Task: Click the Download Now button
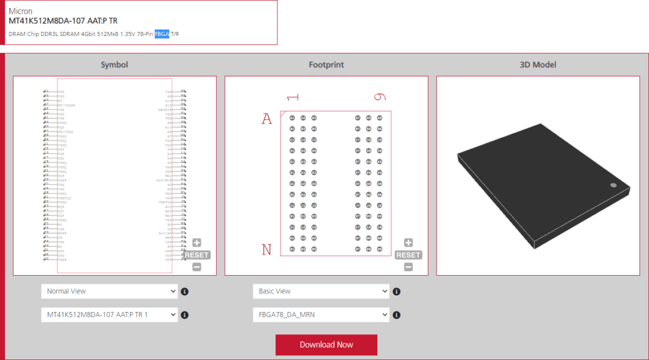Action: pyautogui.click(x=326, y=345)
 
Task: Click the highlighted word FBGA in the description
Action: pyautogui.click(x=162, y=34)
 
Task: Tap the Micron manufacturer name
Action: pyautogui.click(x=21, y=11)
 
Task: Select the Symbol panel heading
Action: pyautogui.click(x=114, y=64)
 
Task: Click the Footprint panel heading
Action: pyautogui.click(x=326, y=64)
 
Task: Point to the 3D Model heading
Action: pyautogui.click(x=538, y=64)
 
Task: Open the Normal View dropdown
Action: pyautogui.click(x=109, y=291)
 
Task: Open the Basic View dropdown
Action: pyautogui.click(x=321, y=291)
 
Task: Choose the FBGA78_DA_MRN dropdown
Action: pyautogui.click(x=321, y=314)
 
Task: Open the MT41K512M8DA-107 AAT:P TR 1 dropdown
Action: pyautogui.click(x=109, y=314)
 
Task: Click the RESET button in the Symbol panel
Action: pyautogui.click(x=196, y=255)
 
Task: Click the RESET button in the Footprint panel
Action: pyautogui.click(x=408, y=255)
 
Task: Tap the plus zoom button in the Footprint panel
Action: pyautogui.click(x=408, y=243)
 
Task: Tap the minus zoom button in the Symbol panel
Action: pyautogui.click(x=196, y=267)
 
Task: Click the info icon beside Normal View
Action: pyautogui.click(x=184, y=292)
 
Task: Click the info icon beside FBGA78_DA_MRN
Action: pyautogui.click(x=396, y=315)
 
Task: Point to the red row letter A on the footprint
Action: pyautogui.click(x=266, y=119)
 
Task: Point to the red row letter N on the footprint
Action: pyautogui.click(x=266, y=249)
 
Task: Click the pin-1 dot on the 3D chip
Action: pyautogui.click(x=613, y=185)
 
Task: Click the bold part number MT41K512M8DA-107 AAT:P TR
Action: pyautogui.click(x=63, y=21)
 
